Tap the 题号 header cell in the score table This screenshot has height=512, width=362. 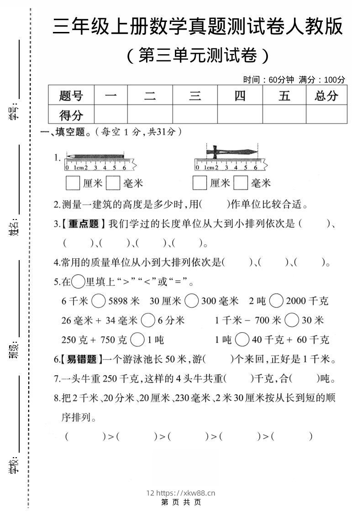(x=71, y=96)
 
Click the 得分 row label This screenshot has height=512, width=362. (x=71, y=114)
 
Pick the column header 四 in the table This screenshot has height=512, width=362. (x=240, y=96)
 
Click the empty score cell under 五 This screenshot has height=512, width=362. (x=284, y=114)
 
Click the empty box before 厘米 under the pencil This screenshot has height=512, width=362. (x=73, y=183)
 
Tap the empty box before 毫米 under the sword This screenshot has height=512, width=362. (x=241, y=183)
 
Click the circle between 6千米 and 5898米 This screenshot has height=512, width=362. (x=99, y=301)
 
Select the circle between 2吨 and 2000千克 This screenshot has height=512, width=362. (x=276, y=301)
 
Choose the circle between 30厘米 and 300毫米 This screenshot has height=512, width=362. (x=192, y=301)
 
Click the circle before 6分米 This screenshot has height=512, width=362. (x=148, y=320)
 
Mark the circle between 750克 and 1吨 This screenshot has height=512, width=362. (x=137, y=340)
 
